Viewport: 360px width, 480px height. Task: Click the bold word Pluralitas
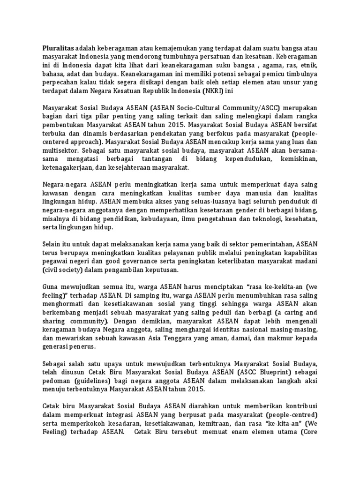coord(58,47)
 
